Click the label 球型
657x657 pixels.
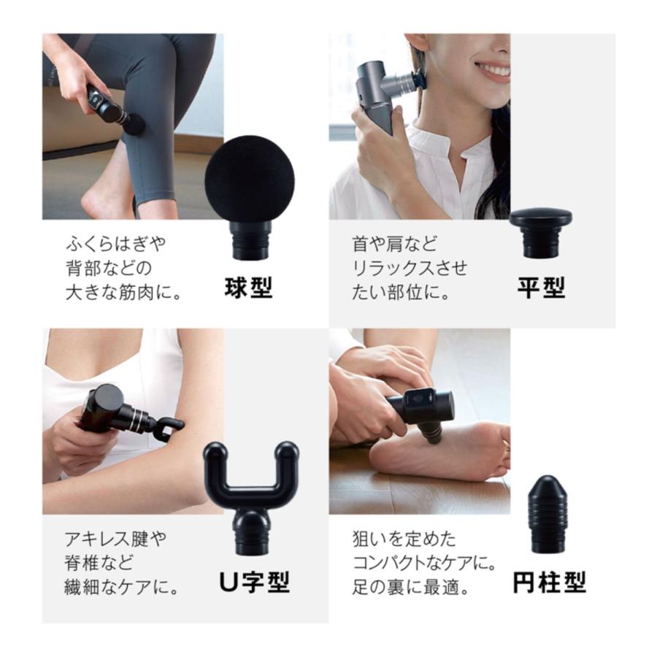[x=248, y=288]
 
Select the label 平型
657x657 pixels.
[x=541, y=288]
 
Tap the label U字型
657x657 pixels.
[x=255, y=583]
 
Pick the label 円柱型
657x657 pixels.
[x=549, y=583]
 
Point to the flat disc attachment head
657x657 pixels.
[x=541, y=233]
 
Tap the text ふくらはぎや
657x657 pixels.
[x=115, y=243]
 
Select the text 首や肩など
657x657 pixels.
[x=394, y=244]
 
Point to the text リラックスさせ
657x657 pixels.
[x=410, y=268]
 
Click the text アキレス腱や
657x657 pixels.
[x=115, y=539]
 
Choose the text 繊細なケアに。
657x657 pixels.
[x=121, y=588]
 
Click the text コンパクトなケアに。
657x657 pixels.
[x=424, y=563]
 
